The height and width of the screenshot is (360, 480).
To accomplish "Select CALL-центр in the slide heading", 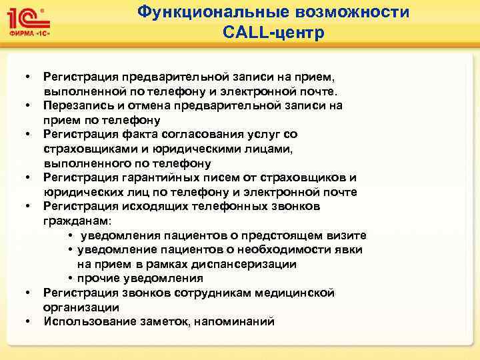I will point(274,33).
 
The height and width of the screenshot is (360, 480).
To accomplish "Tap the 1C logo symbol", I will point(26,17).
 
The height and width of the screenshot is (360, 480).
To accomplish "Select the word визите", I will point(347,235).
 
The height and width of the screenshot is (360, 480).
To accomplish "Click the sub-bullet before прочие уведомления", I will point(70,279).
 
